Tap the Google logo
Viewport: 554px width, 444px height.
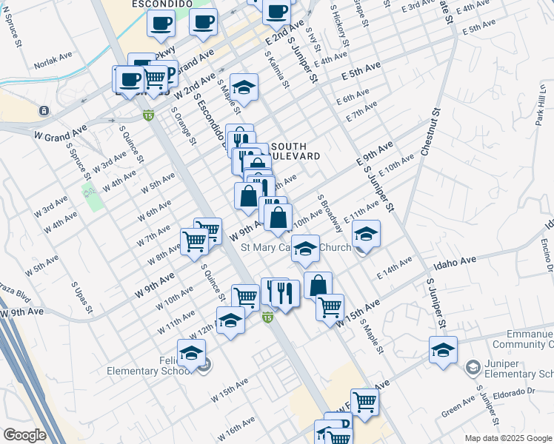tap(24, 435)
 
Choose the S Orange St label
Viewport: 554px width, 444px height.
tap(182, 126)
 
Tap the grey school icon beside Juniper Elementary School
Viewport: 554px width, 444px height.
tap(472, 367)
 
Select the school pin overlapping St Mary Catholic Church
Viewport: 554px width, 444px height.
tap(304, 249)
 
